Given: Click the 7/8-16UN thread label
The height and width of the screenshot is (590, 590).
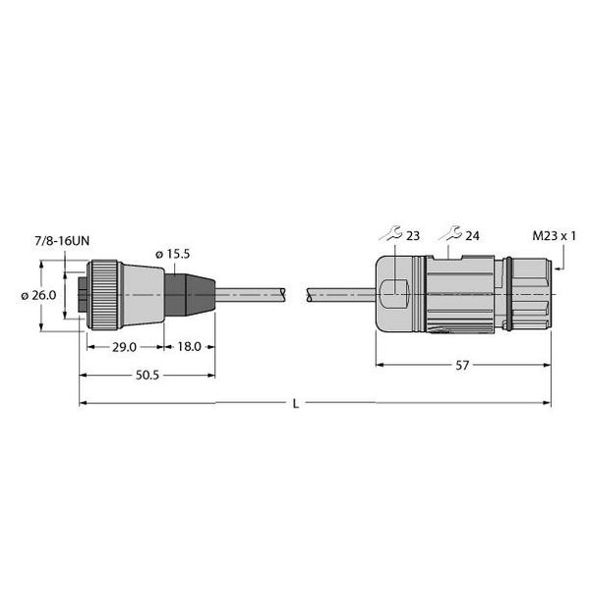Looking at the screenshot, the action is (x=62, y=241).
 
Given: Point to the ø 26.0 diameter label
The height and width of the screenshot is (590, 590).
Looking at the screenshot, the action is (x=38, y=295).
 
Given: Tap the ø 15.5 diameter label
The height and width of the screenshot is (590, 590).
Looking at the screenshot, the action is (x=173, y=254).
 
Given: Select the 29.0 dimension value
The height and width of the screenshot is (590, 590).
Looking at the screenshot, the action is (x=124, y=347).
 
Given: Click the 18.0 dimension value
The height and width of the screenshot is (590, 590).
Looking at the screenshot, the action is (x=189, y=346).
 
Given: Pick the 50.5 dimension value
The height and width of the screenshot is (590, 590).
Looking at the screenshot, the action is (x=147, y=375).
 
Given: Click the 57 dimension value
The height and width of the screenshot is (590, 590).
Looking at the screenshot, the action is (x=462, y=365).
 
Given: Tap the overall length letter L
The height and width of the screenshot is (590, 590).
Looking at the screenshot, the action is (x=296, y=404).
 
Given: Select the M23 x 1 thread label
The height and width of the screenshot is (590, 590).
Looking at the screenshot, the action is (x=554, y=236).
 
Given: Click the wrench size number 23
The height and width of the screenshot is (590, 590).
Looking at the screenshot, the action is (x=413, y=236).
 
